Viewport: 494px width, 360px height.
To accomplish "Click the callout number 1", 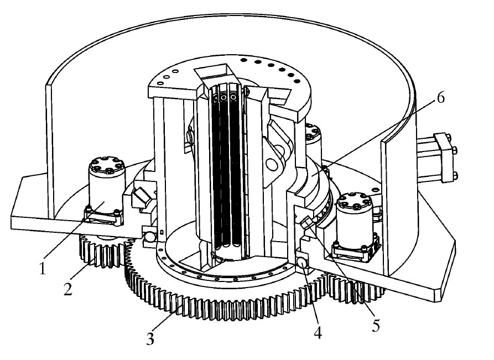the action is (42, 269).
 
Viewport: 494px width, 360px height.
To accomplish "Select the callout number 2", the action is (67, 289).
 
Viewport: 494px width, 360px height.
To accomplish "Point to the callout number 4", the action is (318, 332).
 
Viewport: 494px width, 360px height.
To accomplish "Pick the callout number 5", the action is (376, 326).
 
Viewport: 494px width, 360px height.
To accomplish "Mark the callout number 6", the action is (441, 98).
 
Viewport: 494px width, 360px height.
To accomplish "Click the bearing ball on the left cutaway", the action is (149, 236).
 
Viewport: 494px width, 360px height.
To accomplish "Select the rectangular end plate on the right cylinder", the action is (445, 158).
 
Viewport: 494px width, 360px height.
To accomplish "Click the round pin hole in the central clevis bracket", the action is (271, 164).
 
